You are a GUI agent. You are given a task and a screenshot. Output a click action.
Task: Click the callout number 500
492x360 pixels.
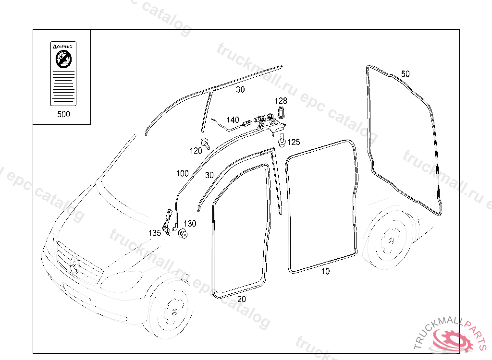point(63,114)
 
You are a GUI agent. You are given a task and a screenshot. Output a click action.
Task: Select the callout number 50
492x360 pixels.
point(406,74)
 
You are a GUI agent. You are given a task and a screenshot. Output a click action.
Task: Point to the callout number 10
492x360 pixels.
point(326,271)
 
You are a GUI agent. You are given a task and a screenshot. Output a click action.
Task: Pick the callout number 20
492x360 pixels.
point(242,299)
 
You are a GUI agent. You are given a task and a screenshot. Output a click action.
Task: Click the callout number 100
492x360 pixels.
point(183,173)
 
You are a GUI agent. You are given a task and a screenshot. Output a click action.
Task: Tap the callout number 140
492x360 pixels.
point(233,120)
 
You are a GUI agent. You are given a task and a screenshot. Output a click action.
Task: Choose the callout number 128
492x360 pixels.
point(281,101)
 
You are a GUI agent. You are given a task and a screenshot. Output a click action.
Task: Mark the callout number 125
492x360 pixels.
point(294,142)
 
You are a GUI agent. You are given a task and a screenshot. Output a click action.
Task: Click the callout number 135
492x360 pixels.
point(155,233)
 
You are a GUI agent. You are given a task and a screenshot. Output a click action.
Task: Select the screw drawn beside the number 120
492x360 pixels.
point(206,142)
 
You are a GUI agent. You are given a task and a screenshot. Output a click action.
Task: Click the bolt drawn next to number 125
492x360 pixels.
point(282,140)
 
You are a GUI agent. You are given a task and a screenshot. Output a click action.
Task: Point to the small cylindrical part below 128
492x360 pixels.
point(281,113)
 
